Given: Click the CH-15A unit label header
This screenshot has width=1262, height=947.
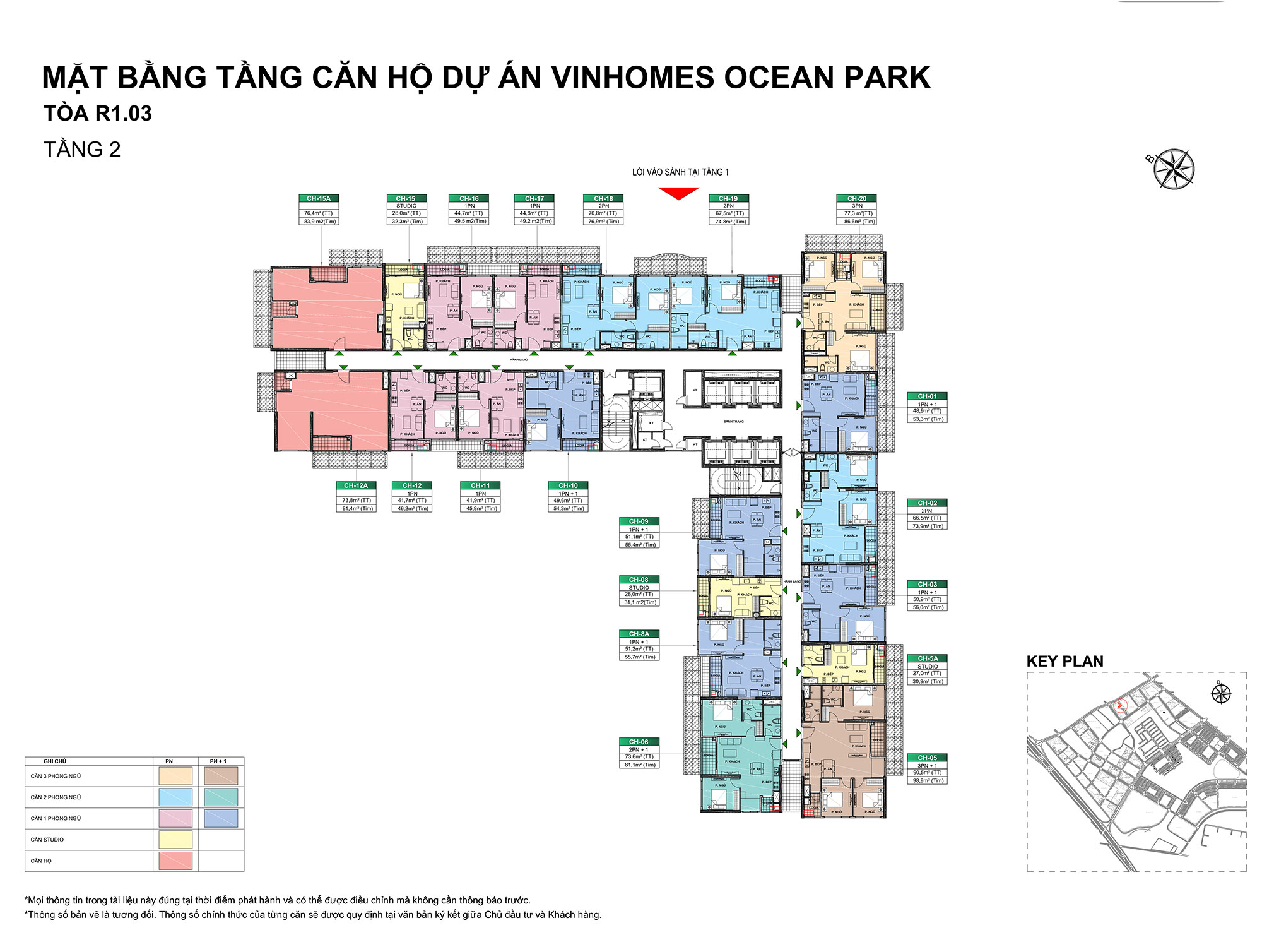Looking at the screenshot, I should pos(319,198).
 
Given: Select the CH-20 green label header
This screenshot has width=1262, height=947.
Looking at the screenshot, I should pos(857,198).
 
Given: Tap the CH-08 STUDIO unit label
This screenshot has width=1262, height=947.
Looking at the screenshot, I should pos(639,580).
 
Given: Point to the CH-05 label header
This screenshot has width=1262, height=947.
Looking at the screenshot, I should pos(927,758).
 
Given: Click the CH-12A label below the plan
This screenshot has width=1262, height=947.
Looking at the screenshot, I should pos(356,485).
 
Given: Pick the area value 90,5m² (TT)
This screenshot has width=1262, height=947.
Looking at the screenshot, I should pos(927,773).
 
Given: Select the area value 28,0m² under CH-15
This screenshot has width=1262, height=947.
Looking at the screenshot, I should pos(406,213).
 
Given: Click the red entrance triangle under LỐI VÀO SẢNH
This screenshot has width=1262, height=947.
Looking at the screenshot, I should pos(679,193).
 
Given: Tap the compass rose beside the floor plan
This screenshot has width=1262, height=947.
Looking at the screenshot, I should pos(1174,169).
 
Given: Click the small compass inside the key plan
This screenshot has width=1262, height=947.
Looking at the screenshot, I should pos(1221,694).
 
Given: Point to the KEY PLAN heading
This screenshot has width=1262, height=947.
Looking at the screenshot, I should pos(1064,662).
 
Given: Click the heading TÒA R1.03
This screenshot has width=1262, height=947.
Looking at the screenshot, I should pos(98,114).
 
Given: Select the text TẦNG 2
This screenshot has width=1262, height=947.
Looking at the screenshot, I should pos(82,150).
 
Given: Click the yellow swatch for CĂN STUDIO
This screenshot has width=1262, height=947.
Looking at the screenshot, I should pos(175,840).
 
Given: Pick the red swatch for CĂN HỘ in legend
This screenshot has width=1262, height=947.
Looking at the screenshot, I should pos(175,861).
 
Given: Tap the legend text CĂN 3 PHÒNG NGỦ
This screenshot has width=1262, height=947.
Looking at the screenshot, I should pos(56,776).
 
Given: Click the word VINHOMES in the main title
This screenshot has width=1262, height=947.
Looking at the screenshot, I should pos(633,78).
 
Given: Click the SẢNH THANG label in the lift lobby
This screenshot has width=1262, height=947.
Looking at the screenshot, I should pos(733,422).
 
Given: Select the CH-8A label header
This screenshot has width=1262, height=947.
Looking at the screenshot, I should pos(639,634).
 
